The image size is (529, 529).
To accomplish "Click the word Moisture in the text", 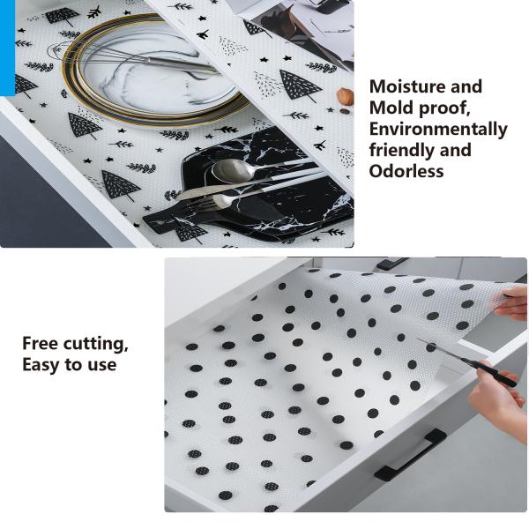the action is coord(406,86).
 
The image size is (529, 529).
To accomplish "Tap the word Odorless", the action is coord(406,171).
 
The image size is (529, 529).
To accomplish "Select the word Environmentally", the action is coord(438,130).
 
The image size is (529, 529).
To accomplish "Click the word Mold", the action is coord(391,108).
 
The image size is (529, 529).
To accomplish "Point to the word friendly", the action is coord(401,151).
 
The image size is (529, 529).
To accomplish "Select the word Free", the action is coord(41,344).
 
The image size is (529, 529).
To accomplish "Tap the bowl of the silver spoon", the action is coord(231,169).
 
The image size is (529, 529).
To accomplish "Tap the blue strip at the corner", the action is coord(7,48).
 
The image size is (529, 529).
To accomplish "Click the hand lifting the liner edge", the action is coord(511,302).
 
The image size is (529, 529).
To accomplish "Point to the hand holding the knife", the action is coord(495,399).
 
